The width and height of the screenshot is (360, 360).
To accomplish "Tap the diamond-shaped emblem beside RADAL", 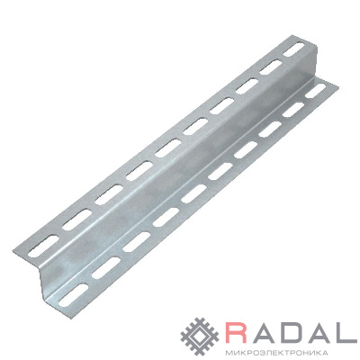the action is pyautogui.click(x=201, y=335).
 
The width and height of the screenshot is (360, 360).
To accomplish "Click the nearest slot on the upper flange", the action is pyautogui.click(x=44, y=246).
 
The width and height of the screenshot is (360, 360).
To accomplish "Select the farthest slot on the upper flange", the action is pyautogui.click(x=293, y=49).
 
